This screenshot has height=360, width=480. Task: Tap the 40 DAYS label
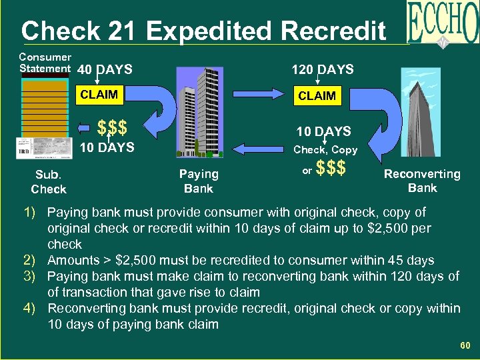(105, 69)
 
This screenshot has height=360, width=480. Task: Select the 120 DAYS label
(323, 69)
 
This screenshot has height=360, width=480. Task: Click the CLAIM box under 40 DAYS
(99, 95)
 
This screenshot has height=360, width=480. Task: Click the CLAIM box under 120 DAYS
(317, 96)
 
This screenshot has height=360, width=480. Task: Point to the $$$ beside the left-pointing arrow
(111, 127)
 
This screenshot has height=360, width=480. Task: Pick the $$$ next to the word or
(331, 169)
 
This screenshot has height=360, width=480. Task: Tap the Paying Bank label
(199, 181)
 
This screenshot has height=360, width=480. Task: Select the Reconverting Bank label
(422, 181)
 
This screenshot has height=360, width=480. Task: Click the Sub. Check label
(49, 182)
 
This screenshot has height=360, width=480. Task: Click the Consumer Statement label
(45, 63)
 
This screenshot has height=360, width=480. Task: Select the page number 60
(465, 345)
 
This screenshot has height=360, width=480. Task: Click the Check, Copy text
(325, 150)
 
